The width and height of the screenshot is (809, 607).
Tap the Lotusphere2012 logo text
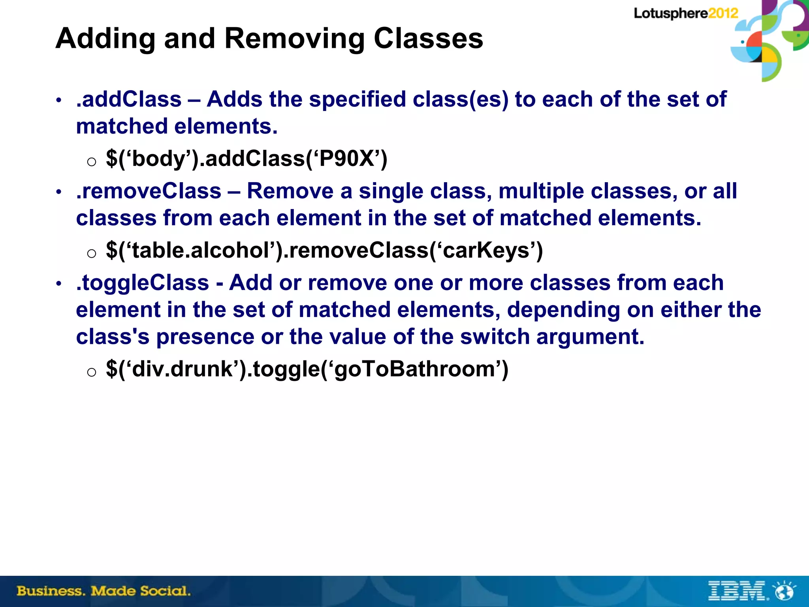686,13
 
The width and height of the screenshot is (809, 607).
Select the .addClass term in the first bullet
129,99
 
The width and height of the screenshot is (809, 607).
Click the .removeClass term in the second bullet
149,191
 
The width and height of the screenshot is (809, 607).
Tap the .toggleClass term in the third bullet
143,283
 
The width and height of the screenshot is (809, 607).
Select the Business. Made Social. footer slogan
103,591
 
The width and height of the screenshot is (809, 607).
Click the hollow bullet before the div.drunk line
91,372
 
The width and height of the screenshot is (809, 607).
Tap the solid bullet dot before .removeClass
59,192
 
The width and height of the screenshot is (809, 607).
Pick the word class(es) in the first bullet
461,99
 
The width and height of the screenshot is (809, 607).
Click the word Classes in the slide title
428,39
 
